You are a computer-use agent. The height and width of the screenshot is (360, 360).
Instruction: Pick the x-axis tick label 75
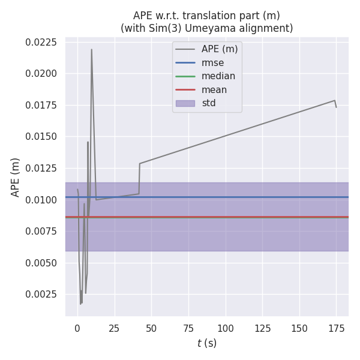coord(188,328)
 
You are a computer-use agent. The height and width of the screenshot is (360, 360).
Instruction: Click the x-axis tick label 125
coord(262,328)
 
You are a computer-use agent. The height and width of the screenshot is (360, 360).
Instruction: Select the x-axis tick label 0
coord(77,328)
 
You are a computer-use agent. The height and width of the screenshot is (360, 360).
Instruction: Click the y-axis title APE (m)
coord(16,177)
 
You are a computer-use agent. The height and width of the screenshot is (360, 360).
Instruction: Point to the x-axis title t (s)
coord(207,343)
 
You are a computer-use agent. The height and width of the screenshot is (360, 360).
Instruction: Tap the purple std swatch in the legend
coord(187,103)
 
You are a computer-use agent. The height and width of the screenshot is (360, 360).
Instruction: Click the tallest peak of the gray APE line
coord(91,49)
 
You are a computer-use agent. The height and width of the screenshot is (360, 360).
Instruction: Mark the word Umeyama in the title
coord(231,28)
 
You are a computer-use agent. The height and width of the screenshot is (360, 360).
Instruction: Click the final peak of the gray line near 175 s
coord(334,100)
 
